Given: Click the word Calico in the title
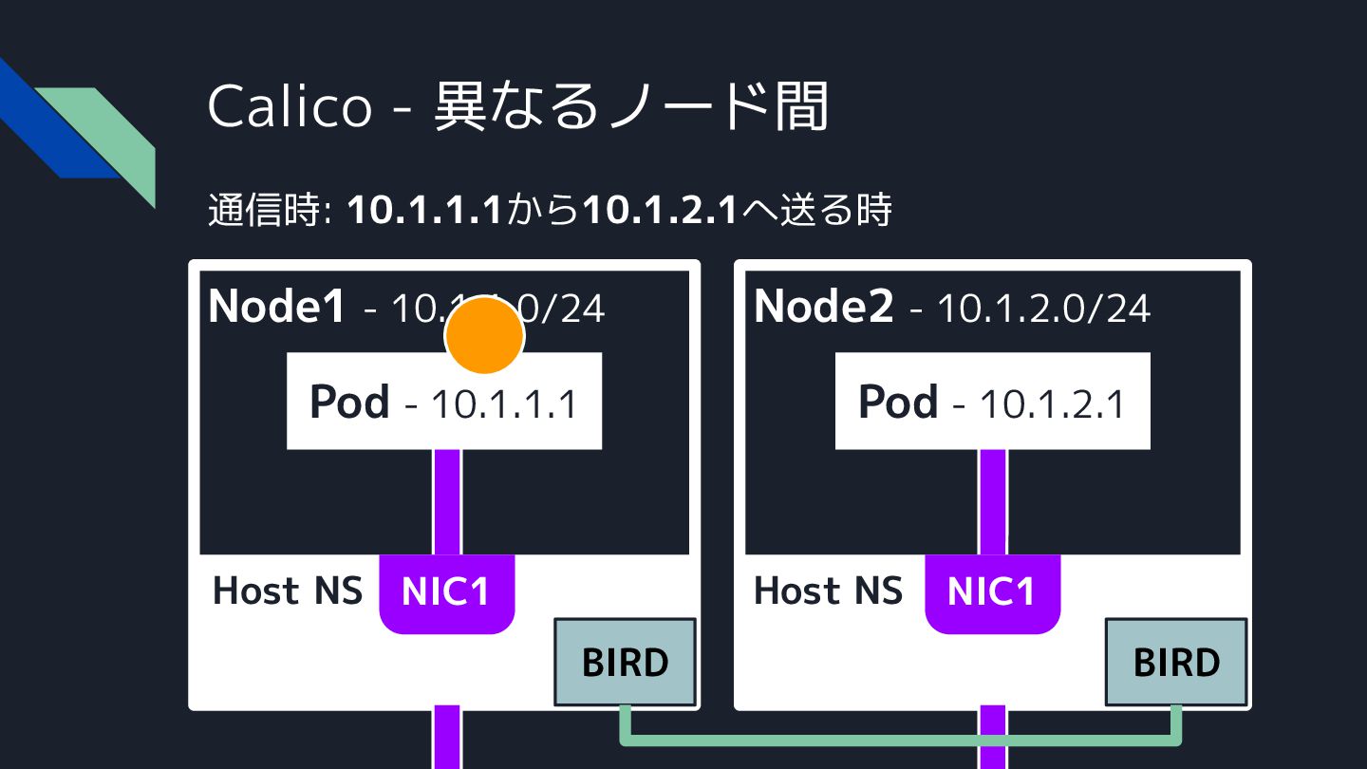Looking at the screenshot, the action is point(290,106).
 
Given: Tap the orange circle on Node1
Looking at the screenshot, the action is point(484,334).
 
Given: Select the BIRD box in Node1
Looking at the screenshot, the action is point(625,662).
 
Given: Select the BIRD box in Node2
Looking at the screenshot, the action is point(1176,662).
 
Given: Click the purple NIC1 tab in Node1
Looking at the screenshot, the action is point(446,591).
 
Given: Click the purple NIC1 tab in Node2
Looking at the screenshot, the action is point(992,591).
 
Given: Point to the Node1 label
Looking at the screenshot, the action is point(276,306).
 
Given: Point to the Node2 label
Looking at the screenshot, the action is point(823,306).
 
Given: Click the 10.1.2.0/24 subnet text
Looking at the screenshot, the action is point(1043,308).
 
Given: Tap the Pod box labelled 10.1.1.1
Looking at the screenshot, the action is point(444,403).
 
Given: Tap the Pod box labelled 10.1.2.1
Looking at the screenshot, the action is point(992,403).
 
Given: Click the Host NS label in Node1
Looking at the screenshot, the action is point(287,591).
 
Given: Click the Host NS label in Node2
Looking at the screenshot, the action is point(828,591).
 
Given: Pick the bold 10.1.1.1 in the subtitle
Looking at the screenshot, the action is point(424,210).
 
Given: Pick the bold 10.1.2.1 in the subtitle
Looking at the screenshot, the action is point(660,210).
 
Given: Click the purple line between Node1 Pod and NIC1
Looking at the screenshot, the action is point(447,501).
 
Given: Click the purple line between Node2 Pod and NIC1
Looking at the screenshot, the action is point(993,501).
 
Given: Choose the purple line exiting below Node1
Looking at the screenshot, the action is point(447,739).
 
